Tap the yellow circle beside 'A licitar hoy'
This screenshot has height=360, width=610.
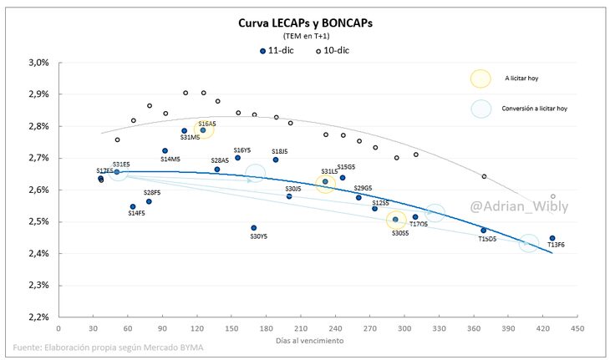(x=480, y=79)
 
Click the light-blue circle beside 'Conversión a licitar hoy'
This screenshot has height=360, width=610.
(x=480, y=109)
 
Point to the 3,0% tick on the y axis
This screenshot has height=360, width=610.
(x=38, y=63)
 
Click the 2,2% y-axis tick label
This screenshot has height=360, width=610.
(x=38, y=317)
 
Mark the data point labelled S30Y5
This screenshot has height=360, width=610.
(x=254, y=227)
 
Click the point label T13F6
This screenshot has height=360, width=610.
(x=557, y=245)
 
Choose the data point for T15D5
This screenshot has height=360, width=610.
(x=484, y=231)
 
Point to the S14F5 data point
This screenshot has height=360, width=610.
(x=133, y=206)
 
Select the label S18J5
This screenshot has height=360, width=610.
(x=279, y=151)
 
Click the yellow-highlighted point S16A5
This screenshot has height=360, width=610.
(x=203, y=129)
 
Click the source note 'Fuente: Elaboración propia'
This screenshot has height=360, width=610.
(x=109, y=347)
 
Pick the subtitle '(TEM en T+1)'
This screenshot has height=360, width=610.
(x=305, y=37)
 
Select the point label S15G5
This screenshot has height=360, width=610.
(x=346, y=167)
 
